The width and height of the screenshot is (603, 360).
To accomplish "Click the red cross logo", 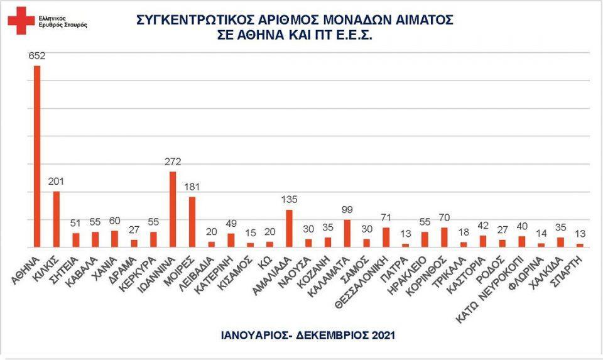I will pyautogui.click(x=21, y=20).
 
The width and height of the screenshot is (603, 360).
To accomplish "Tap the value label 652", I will pyautogui.click(x=37, y=57).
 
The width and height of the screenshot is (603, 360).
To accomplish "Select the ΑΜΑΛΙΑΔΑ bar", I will pyautogui.click(x=289, y=228).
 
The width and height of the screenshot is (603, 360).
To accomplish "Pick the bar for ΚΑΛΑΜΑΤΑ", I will pyautogui.click(x=347, y=233).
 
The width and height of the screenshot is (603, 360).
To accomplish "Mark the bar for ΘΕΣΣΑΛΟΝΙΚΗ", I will pyautogui.click(x=386, y=237).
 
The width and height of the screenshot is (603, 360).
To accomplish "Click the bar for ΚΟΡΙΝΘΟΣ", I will pyautogui.click(x=444, y=237).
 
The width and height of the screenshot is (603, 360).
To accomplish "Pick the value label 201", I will pyautogui.click(x=57, y=182).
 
